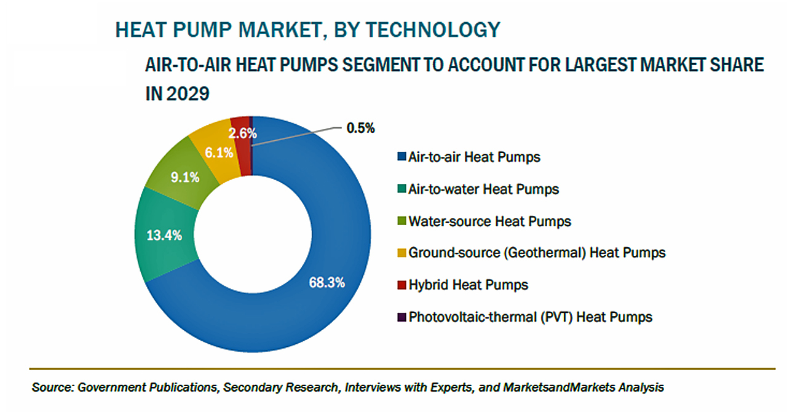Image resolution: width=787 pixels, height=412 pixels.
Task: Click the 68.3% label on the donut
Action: click(326, 283)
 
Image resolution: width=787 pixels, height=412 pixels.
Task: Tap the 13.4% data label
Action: click(164, 235)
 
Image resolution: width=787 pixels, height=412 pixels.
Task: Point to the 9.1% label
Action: click(185, 177)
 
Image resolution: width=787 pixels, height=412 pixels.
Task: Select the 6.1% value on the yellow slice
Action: click(219, 153)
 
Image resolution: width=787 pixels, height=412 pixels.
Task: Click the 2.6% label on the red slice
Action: click(242, 133)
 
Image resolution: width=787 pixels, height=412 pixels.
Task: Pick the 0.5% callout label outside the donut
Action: click(360, 128)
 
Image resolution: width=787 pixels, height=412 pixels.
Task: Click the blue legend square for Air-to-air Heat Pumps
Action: click(401, 156)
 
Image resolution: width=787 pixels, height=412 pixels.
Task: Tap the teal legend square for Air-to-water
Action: click(401, 189)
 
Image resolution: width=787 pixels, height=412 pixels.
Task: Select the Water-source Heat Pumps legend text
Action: click(490, 221)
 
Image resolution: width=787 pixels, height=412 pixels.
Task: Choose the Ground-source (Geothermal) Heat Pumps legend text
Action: click(537, 253)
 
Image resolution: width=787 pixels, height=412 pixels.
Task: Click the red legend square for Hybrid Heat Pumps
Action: click(401, 284)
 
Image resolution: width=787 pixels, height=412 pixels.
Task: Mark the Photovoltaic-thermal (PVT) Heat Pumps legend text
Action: click(531, 317)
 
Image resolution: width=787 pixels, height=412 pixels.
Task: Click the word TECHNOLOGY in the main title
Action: click(433, 30)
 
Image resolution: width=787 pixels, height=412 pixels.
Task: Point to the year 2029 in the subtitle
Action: click(188, 94)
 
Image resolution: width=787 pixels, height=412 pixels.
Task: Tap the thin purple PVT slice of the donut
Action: click(251, 146)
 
